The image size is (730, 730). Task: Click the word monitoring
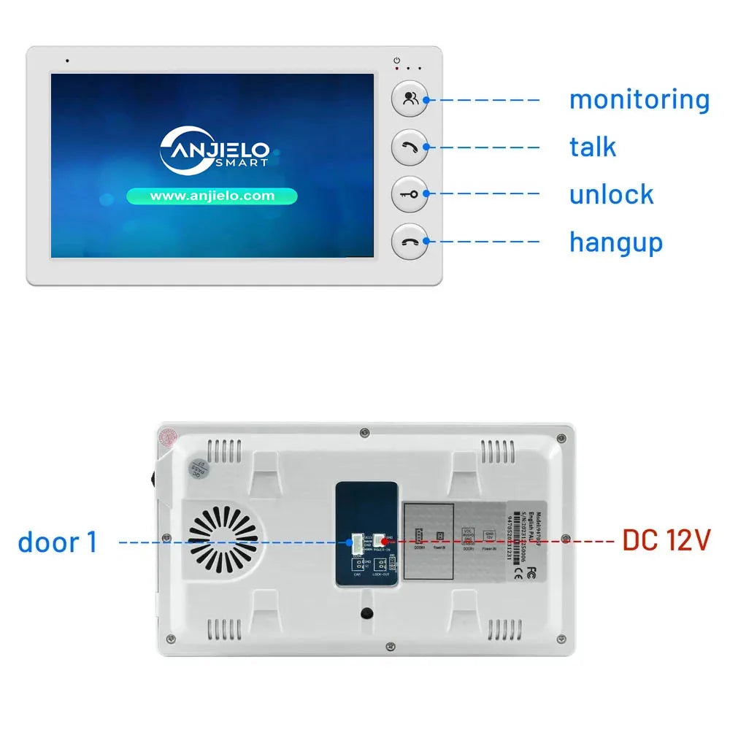pos(639,99)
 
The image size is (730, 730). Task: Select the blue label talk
pos(592,147)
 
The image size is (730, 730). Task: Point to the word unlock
pos(611,194)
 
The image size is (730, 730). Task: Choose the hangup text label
pos(615,242)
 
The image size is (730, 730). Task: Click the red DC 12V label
pos(666,541)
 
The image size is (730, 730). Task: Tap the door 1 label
pos(57,542)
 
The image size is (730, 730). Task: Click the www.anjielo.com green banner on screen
pos(212,196)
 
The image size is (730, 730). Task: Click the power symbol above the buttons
pos(397,60)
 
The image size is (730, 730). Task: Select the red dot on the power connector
pos(383,542)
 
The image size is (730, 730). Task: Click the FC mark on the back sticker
pos(531,570)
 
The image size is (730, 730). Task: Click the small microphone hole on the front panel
pos(67,61)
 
